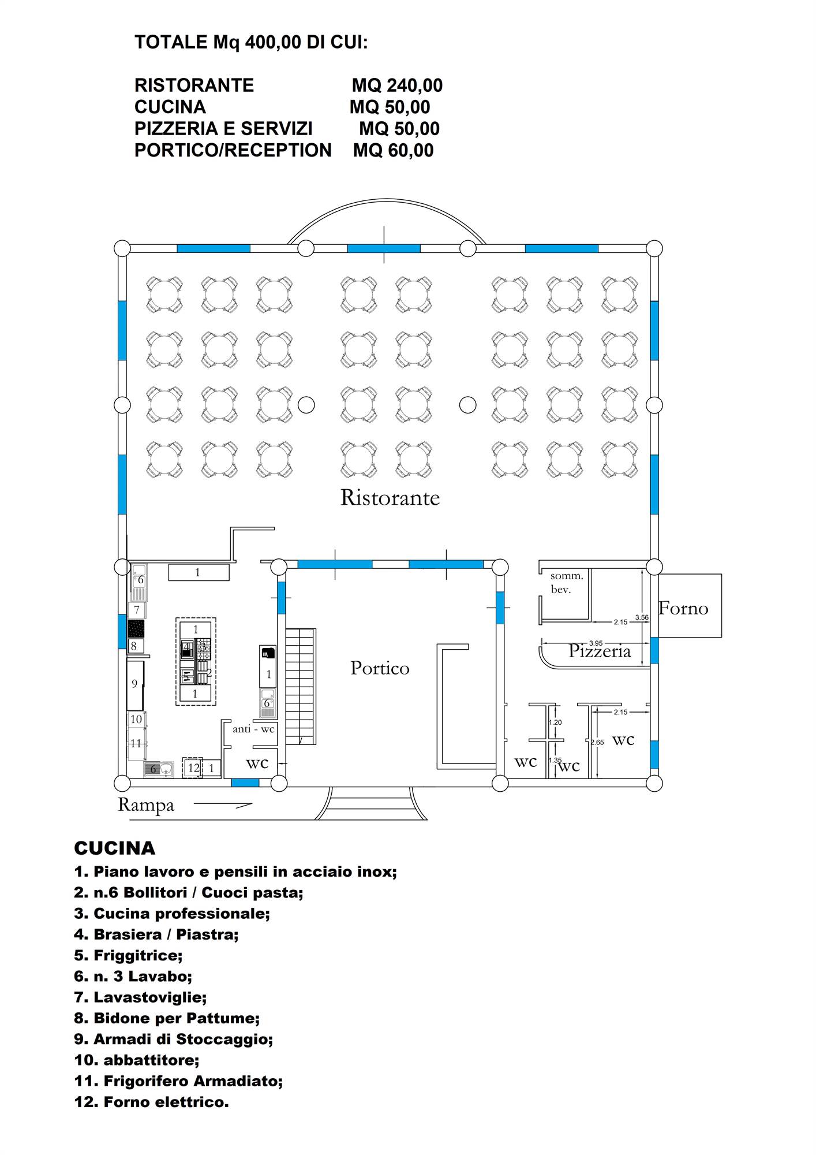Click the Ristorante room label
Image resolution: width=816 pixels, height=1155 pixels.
[390, 497]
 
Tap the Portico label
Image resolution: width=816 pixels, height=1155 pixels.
[380, 668]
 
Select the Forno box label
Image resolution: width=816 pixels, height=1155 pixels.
[683, 608]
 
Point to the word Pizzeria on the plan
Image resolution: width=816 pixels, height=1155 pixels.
[600, 651]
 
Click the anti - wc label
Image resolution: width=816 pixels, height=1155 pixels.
[253, 729]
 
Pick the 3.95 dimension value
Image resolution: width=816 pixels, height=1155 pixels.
[596, 643]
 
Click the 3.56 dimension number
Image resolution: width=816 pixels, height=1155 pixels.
[642, 617]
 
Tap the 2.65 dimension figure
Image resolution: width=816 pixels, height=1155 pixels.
[597, 742]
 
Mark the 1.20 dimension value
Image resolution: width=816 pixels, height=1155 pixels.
[555, 722]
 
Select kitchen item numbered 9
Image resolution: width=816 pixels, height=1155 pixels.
[135, 685]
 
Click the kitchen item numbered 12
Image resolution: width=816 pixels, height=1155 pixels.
[193, 768]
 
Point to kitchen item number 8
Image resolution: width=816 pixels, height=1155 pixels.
[134, 646]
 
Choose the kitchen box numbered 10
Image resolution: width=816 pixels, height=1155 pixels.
[136, 720]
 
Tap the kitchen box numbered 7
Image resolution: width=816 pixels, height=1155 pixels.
[137, 610]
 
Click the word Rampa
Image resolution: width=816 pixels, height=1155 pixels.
[146, 805]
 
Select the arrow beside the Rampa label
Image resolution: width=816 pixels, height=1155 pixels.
[223, 804]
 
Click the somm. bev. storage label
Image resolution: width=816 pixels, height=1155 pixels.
[567, 583]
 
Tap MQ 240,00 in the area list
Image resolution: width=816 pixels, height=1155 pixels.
[397, 85]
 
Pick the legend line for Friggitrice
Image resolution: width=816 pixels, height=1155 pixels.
[128, 956]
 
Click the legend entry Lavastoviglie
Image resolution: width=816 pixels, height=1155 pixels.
[140, 997]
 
